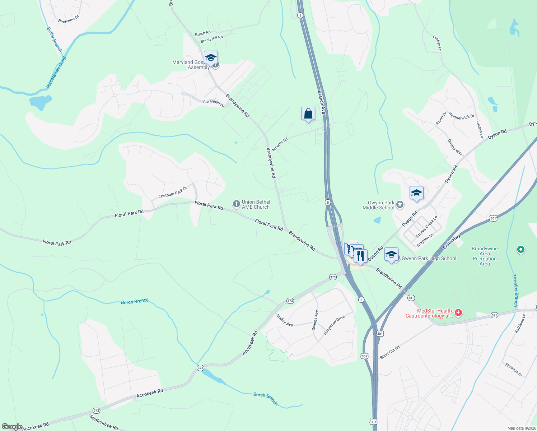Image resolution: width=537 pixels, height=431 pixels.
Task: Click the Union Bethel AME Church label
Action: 256,205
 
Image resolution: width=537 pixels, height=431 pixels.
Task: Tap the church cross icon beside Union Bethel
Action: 236,204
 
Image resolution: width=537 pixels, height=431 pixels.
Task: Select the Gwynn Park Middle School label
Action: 378,205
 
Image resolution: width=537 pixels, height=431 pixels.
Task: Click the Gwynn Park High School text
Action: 429,258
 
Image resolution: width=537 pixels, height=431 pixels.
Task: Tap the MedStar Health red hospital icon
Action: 458,313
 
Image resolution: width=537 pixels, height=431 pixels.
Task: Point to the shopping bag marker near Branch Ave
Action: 308,114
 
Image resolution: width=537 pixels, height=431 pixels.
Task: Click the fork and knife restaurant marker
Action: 360,256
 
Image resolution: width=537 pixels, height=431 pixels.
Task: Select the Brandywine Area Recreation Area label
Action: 485,256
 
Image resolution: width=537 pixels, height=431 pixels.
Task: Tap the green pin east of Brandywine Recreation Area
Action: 520,249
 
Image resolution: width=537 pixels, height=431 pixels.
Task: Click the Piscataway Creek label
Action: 57,72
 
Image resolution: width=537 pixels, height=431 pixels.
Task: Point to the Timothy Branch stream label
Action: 515,290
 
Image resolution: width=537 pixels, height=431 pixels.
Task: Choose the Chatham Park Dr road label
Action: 173,193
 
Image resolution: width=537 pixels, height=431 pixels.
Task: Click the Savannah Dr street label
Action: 214,103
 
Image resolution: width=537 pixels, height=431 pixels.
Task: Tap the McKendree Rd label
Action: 104,423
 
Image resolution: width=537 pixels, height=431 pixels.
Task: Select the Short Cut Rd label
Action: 389,352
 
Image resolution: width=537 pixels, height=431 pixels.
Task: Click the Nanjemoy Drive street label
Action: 334,325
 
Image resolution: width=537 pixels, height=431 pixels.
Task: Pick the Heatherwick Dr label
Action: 461,116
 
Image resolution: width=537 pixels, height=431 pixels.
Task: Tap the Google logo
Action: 12,427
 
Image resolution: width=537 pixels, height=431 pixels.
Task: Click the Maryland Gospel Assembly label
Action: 191,65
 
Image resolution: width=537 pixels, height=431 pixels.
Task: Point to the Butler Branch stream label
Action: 55,40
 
